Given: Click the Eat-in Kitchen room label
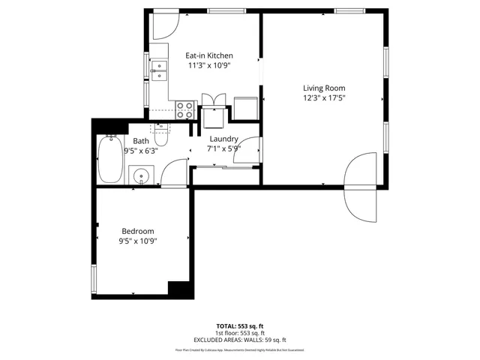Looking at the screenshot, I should pyautogui.click(x=209, y=55).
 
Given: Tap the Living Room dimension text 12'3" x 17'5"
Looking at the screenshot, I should pyautogui.click(x=323, y=97).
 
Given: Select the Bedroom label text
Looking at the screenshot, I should pyautogui.click(x=138, y=231).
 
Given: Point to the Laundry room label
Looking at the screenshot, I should pyautogui.click(x=223, y=139).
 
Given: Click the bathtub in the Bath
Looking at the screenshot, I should pyautogui.click(x=110, y=160).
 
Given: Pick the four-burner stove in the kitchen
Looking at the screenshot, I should pyautogui.click(x=184, y=110).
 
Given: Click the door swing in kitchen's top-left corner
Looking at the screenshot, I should pyautogui.click(x=164, y=27).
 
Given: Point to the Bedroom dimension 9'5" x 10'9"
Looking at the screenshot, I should pyautogui.click(x=138, y=241).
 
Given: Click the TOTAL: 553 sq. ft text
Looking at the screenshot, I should pyautogui.click(x=240, y=325).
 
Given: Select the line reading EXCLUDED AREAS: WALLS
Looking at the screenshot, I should pyautogui.click(x=240, y=340).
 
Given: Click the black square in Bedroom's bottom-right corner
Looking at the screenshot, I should pyautogui.click(x=178, y=290).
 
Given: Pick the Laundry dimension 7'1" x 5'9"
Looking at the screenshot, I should pyautogui.click(x=223, y=148).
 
